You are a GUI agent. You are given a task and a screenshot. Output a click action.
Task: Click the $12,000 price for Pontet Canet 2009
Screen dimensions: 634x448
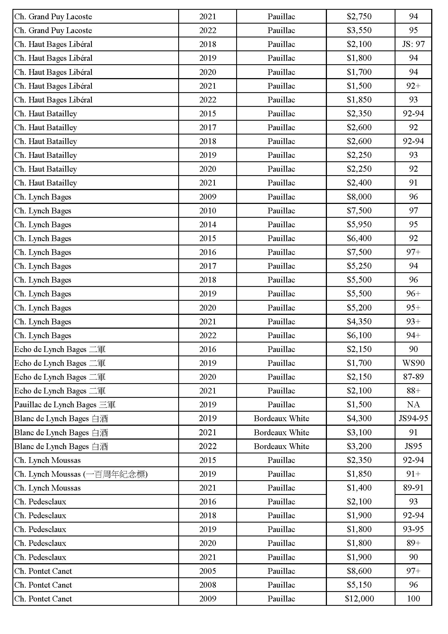359,598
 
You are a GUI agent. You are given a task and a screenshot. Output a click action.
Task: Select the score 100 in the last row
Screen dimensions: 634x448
413,598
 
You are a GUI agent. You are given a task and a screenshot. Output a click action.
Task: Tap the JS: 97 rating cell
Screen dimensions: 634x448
413,44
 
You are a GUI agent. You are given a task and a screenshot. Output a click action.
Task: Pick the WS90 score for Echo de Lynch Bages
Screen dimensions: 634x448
413,363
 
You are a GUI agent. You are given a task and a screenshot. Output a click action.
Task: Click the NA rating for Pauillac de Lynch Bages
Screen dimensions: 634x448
413,404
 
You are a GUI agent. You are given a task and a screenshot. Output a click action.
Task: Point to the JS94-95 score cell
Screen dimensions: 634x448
413,418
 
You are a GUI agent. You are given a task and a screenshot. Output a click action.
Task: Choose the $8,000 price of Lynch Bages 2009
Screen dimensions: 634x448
359,197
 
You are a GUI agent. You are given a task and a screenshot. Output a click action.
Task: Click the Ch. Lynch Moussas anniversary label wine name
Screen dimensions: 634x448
81,474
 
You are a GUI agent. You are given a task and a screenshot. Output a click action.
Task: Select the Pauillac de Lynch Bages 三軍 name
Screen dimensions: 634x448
65,405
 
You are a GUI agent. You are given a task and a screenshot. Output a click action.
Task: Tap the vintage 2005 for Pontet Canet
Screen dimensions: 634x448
207,571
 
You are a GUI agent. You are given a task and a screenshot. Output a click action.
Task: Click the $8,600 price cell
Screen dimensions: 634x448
359,571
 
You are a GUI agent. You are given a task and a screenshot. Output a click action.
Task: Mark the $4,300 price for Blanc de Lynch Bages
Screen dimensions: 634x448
359,418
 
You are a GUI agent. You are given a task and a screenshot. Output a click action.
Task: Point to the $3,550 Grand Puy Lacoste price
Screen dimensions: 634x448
359,30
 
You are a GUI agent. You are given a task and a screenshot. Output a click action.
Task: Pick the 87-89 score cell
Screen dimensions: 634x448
413,377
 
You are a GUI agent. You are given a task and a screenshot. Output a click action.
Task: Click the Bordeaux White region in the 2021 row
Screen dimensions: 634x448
281,432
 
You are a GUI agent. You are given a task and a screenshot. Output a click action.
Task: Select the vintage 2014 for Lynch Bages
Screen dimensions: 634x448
207,224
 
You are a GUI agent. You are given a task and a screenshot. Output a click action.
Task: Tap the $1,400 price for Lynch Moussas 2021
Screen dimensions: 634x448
359,488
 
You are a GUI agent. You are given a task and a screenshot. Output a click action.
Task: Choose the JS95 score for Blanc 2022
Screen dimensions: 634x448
413,446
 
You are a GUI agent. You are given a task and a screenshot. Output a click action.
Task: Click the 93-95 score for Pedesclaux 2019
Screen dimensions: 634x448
413,529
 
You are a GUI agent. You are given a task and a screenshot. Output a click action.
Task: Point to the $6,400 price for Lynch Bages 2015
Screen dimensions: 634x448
359,238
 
